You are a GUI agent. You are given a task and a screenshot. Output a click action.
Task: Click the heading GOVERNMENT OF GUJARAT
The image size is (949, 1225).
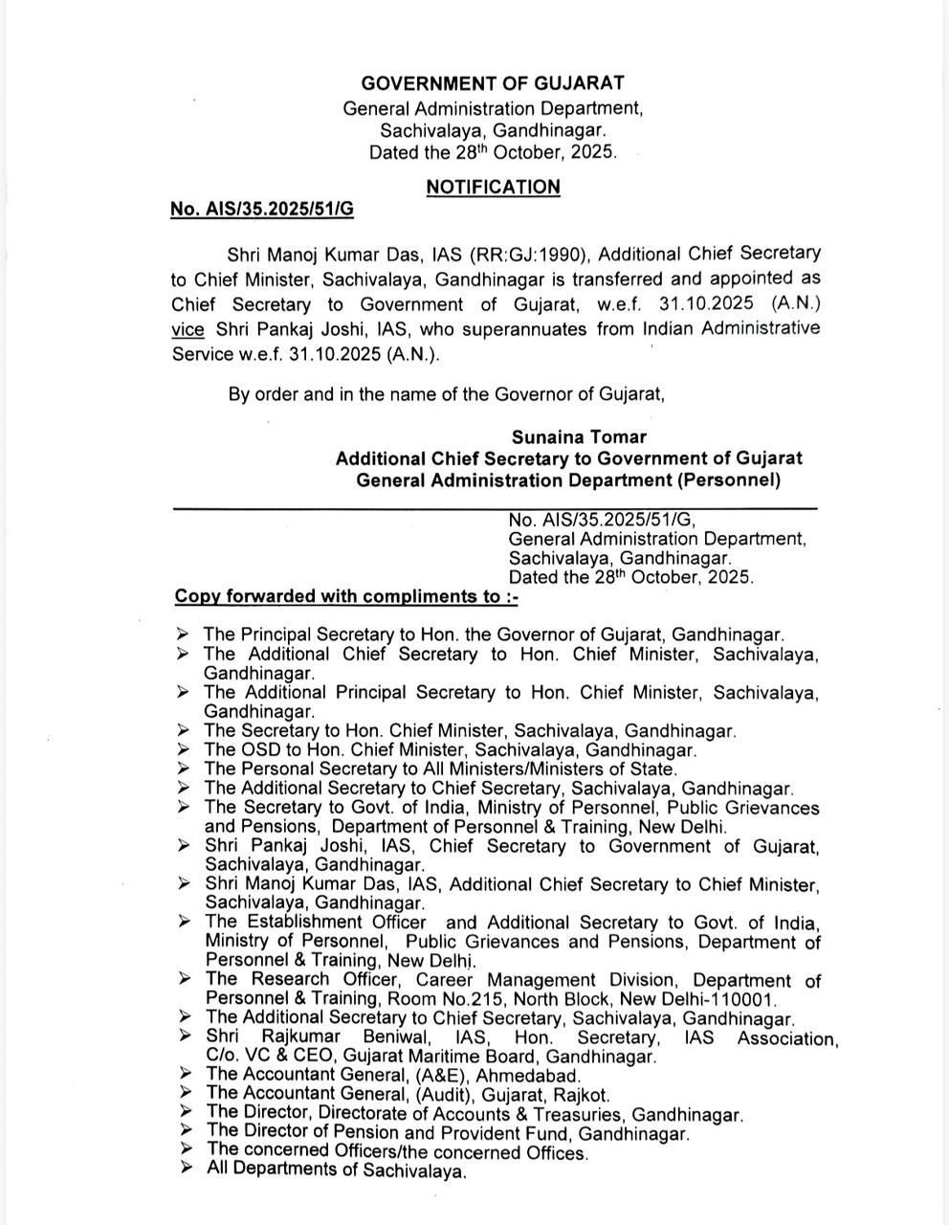click(x=493, y=84)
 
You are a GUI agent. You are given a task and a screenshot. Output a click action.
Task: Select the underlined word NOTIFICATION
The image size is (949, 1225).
click(x=493, y=187)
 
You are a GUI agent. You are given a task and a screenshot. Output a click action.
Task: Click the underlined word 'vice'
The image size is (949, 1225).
click(x=188, y=329)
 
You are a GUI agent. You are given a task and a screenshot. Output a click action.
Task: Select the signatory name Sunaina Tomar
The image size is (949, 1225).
click(x=579, y=437)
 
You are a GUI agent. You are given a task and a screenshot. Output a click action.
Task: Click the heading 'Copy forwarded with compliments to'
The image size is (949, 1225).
click(x=346, y=597)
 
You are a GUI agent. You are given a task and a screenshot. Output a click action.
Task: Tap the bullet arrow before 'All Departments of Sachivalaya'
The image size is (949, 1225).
click(x=186, y=1169)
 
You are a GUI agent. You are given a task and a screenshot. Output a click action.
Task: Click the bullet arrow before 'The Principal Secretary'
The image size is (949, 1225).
click(x=184, y=634)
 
